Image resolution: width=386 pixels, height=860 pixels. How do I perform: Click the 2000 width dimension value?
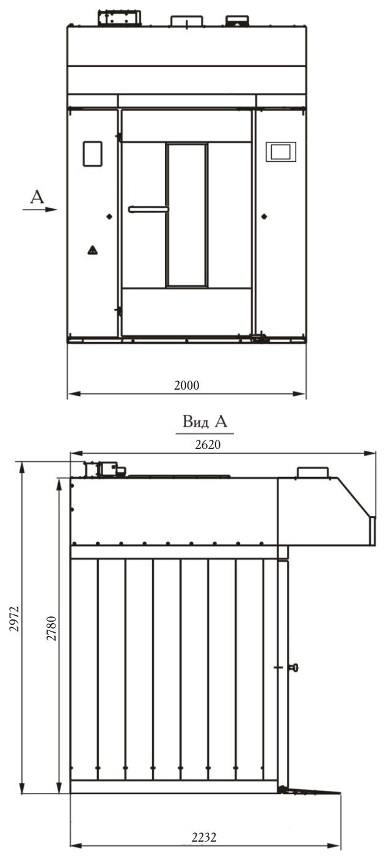(187, 385)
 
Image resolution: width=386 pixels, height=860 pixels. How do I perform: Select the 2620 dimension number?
(208, 444)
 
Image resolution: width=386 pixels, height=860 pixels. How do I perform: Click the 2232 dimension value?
(204, 837)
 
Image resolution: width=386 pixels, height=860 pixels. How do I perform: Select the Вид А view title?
(205, 421)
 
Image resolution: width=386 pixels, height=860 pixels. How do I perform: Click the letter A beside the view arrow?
(37, 197)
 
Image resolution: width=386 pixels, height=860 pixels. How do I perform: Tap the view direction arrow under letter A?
(40, 210)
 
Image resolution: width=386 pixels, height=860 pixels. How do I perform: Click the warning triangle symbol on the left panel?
(92, 250)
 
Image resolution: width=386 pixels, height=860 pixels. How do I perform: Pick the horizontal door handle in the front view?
(148, 210)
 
